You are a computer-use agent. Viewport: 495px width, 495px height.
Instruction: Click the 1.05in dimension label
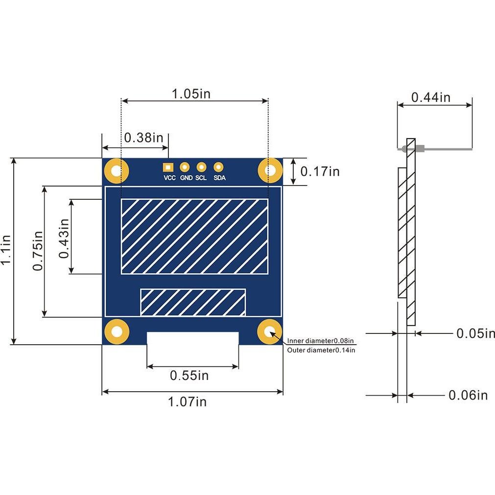pyautogui.click(x=191, y=94)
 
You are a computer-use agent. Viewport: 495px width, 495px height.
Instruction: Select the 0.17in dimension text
pyautogui.click(x=320, y=171)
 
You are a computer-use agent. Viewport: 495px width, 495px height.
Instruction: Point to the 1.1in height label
pyautogui.click(x=6, y=250)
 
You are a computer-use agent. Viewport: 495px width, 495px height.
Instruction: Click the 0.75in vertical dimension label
pyautogui.click(x=38, y=250)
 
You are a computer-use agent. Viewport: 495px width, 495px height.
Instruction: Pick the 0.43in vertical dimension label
pyautogui.click(x=64, y=238)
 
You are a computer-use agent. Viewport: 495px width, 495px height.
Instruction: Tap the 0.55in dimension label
pyautogui.click(x=189, y=376)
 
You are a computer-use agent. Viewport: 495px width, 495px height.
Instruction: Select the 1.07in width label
pyautogui.click(x=187, y=402)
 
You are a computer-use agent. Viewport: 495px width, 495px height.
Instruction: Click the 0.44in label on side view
pyautogui.click(x=430, y=97)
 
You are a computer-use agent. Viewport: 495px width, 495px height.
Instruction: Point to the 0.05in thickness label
pyautogui.click(x=475, y=333)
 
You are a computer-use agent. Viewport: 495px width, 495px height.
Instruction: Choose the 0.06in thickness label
pyautogui.click(x=468, y=395)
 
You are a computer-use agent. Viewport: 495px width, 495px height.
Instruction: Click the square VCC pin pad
pyautogui.click(x=168, y=167)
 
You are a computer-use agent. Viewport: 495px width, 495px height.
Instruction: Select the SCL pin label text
pyautogui.click(x=201, y=178)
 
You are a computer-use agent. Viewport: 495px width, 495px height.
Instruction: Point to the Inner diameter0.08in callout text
pyautogui.click(x=321, y=341)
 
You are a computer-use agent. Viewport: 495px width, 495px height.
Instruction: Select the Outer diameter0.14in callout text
pyautogui.click(x=321, y=350)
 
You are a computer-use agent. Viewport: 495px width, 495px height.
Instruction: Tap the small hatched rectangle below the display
pyautogui.click(x=193, y=302)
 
